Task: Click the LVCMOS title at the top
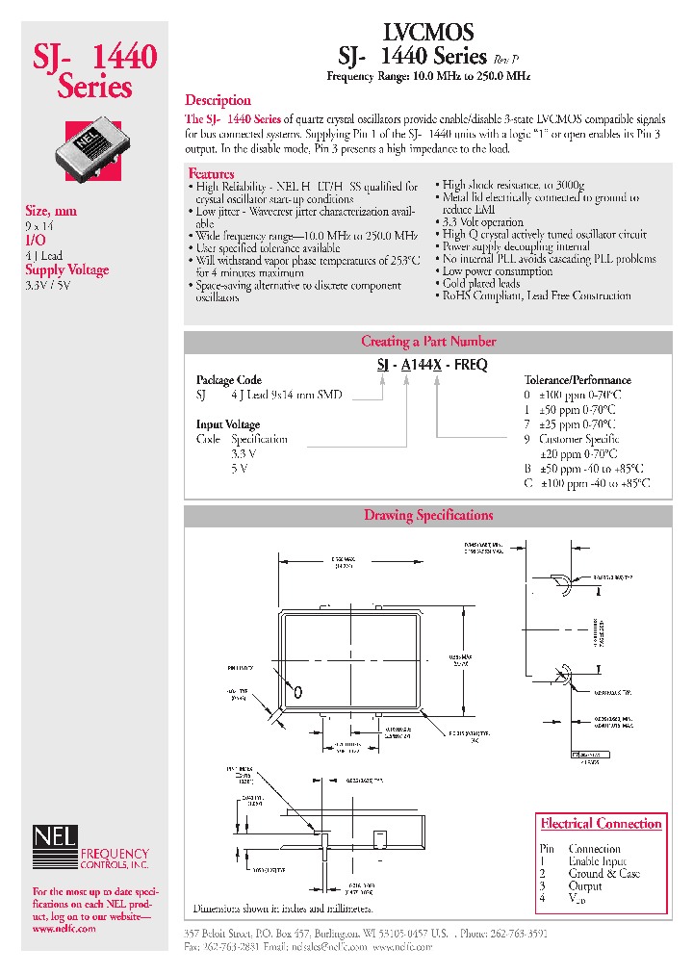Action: point(428,32)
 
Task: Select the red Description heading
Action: point(218,100)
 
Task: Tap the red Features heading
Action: point(212,173)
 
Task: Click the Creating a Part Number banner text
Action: point(428,342)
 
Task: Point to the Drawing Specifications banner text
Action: point(428,516)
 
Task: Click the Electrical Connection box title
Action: point(601,824)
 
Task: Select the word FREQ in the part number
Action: point(471,365)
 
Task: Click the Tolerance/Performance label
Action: point(577,380)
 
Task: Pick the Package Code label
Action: point(229,380)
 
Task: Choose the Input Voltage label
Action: point(228,424)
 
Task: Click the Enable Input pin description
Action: point(597,861)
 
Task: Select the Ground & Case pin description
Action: point(603,874)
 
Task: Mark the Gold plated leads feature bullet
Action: point(480,284)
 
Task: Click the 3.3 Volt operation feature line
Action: point(482,222)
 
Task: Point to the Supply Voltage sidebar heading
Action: point(66,270)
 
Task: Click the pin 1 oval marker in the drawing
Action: point(298,691)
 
